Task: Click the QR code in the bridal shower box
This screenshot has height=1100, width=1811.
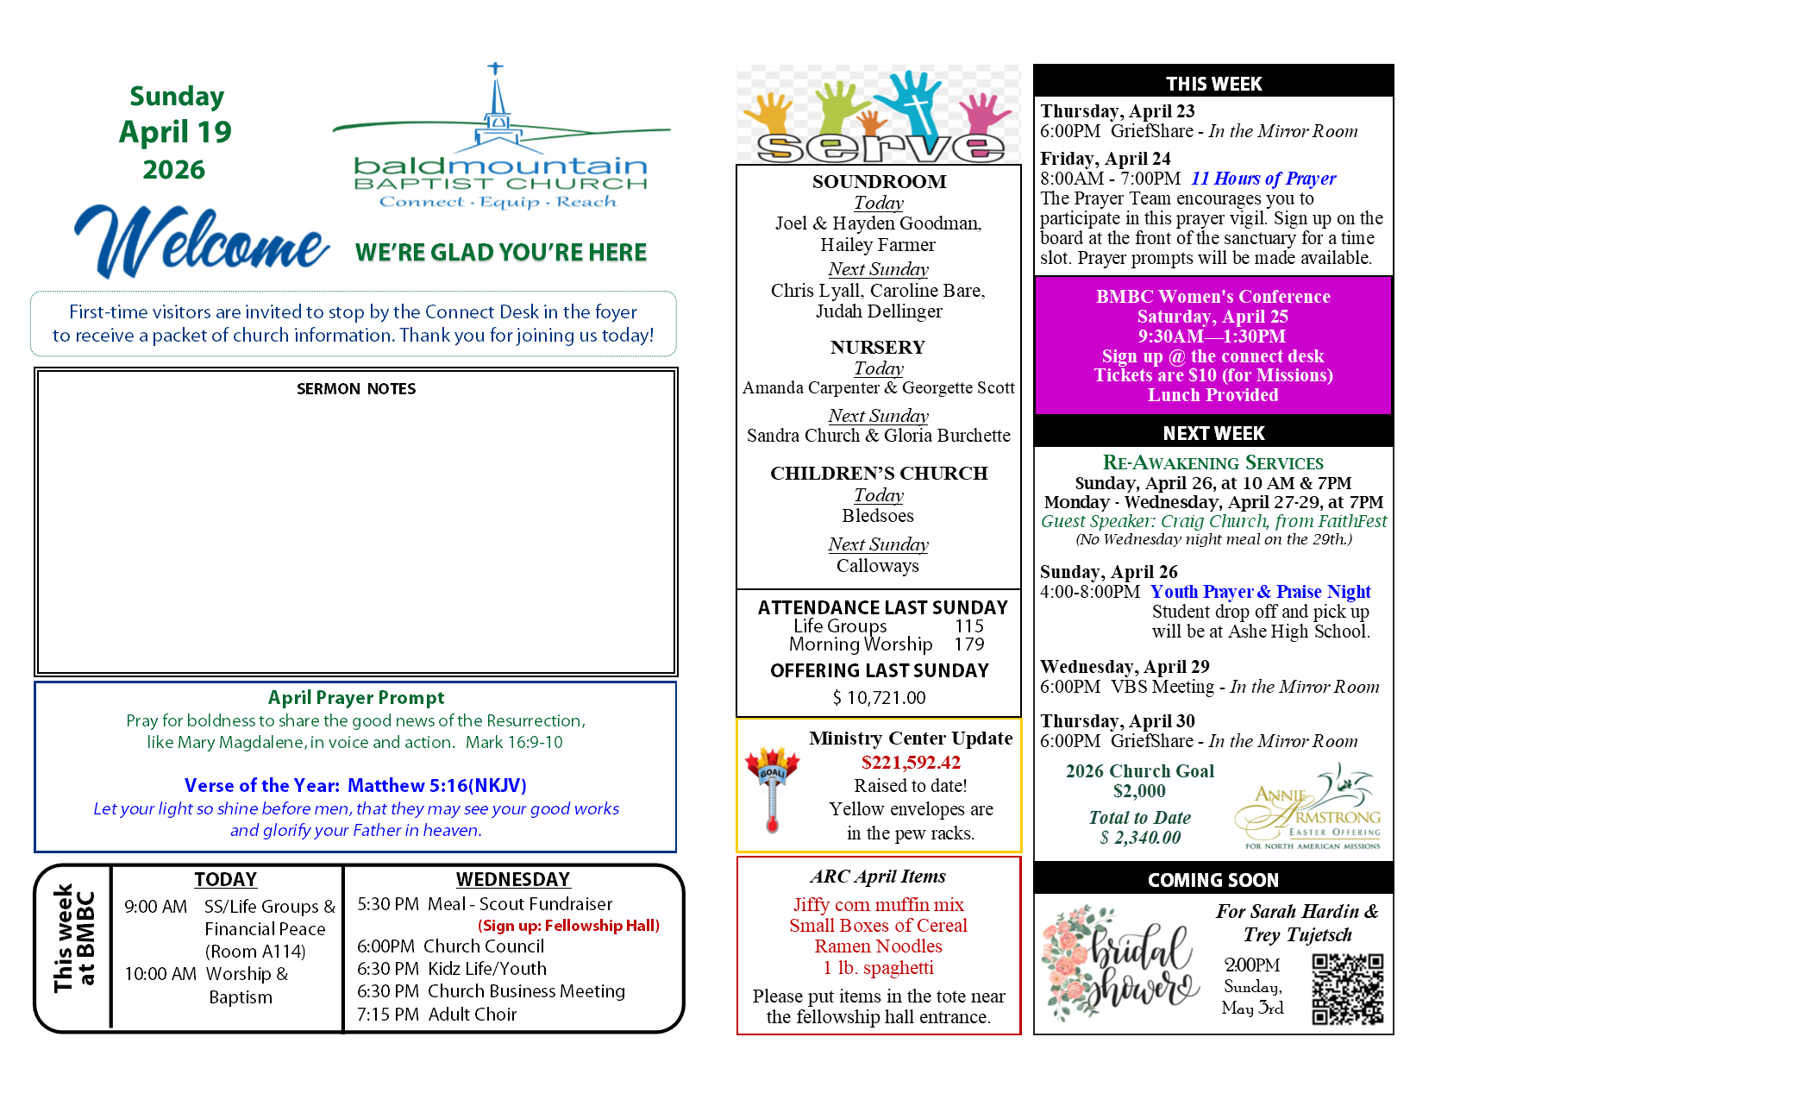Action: coord(1347,989)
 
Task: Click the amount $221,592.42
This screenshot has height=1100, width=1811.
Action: coord(911,763)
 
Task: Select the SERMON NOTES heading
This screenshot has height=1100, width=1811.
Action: coord(356,389)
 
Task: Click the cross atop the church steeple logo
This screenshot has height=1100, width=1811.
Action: coord(495,68)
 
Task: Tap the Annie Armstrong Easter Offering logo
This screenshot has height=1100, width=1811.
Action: coord(1309,808)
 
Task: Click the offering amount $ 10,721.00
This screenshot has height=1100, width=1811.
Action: coord(879,698)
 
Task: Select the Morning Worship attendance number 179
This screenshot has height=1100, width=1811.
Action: coord(969,644)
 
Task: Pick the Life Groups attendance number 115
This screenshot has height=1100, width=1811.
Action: coord(969,626)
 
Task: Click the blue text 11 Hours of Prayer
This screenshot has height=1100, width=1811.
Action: coord(1263,179)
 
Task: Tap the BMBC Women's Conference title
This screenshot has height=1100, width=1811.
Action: coord(1213,297)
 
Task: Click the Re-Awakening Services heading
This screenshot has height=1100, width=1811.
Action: coord(1213,463)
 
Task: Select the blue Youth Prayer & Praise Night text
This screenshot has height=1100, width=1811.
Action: coord(1260,592)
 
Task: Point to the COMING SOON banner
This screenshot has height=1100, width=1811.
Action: coord(1213,880)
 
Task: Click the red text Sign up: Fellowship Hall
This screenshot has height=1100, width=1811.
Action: coord(569,926)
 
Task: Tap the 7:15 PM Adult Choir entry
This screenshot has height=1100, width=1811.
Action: coord(436,1015)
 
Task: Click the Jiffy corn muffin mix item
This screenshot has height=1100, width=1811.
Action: coord(879,905)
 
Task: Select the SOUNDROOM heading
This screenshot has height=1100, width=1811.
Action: coord(879,182)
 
